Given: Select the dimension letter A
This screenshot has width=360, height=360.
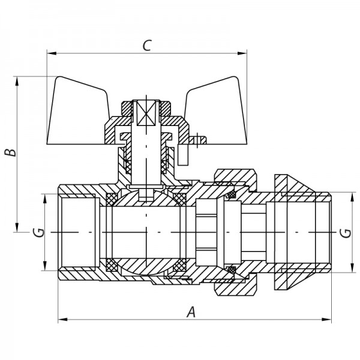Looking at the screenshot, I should tap(191, 311).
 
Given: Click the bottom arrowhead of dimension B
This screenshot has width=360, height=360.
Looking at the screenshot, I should tap(19, 227).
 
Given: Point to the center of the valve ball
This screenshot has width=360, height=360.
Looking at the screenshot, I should tap(146, 232).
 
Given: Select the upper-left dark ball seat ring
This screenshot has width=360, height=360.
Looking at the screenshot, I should tap(112, 198).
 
